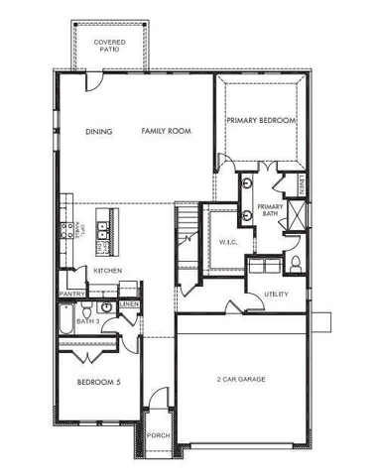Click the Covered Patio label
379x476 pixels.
(109, 48)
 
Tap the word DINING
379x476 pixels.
(98, 132)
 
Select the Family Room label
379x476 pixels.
(166, 132)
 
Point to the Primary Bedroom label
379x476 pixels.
(261, 120)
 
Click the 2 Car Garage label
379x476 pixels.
(239, 380)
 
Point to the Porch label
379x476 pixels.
(157, 435)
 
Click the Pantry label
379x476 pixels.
(70, 295)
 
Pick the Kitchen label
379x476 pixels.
(108, 271)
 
